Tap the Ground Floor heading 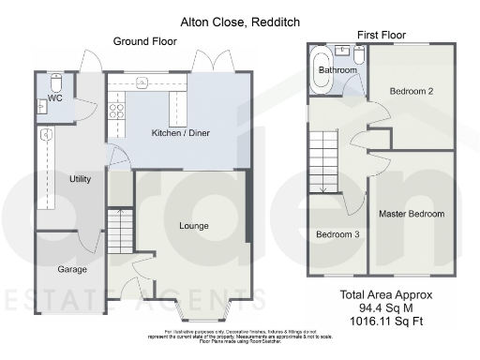[145, 41]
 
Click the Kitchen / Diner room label [180, 133]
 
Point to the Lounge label [194, 226]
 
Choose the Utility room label [80, 178]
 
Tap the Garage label [72, 269]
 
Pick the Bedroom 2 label [411, 91]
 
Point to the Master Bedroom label [412, 215]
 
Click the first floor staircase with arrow [323, 160]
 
